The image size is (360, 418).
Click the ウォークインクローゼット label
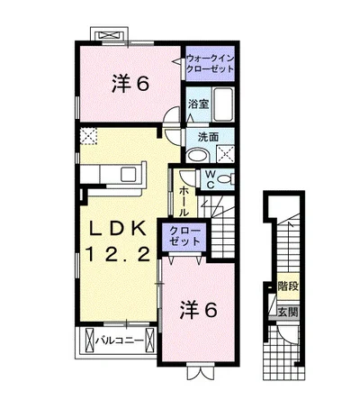210,63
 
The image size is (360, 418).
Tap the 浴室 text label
198,104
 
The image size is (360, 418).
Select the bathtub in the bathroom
222,104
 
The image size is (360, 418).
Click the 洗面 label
208,137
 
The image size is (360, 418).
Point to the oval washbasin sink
197,156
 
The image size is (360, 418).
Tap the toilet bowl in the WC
225,179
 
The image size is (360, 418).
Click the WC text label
211,179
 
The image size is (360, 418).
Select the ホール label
184,201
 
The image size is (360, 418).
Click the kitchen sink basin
129,175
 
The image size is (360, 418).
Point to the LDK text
117,230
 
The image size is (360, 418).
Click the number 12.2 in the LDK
118,255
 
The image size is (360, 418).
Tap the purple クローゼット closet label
184,236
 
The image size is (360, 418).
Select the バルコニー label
120,341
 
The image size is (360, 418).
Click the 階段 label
288,286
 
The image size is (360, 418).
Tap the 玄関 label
288,313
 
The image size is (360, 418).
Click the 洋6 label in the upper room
130,84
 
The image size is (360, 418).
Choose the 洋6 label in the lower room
198,310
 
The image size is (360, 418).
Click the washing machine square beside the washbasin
225,154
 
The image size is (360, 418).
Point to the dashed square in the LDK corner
89,136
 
